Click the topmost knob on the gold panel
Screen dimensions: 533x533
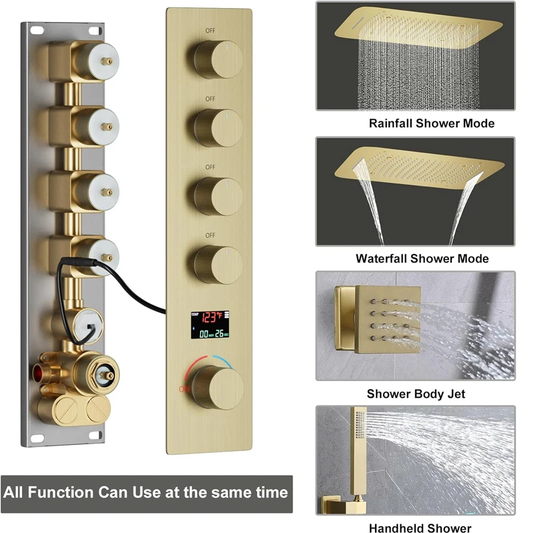tap(219, 59)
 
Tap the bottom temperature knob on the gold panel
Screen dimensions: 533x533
tap(219, 388)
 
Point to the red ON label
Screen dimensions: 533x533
tap(185, 389)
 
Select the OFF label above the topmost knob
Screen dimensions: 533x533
tap(211, 31)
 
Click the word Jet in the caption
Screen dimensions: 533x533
tap(456, 394)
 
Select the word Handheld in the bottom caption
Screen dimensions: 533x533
tap(395, 528)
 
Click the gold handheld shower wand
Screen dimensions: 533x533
tap(358, 456)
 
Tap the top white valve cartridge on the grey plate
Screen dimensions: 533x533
tap(103, 61)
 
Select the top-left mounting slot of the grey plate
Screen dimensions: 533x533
tap(37, 31)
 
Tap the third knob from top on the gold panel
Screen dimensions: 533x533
tap(219, 196)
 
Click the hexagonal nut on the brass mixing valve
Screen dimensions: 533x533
tap(105, 375)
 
